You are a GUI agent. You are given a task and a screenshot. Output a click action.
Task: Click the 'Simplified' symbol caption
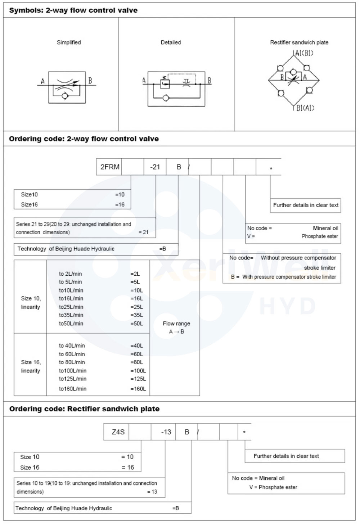(69, 42)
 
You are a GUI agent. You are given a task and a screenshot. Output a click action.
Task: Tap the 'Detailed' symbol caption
(171, 42)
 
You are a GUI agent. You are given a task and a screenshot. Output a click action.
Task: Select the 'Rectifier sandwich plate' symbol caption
(299, 42)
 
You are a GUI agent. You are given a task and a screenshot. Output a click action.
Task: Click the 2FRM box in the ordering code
(109, 167)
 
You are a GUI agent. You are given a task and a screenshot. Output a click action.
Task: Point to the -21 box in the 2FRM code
(155, 167)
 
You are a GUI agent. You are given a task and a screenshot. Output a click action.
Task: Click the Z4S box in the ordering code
(118, 432)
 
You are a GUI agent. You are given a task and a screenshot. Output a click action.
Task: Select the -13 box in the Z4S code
(166, 432)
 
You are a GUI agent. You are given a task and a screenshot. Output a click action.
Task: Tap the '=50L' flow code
(137, 324)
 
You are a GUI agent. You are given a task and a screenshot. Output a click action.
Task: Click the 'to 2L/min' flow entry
(70, 274)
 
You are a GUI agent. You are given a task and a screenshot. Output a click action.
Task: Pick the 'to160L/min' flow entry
(73, 389)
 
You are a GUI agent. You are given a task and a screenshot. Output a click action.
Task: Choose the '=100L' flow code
(138, 371)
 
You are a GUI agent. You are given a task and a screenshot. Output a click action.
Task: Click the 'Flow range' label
(176, 324)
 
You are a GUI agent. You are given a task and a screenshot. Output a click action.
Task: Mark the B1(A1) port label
(305, 108)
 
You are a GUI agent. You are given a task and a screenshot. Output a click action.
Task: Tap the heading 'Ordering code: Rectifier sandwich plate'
(84, 409)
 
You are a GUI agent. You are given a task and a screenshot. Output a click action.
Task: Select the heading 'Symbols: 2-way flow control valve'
(73, 10)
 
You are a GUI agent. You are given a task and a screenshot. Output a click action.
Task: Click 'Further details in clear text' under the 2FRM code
(306, 205)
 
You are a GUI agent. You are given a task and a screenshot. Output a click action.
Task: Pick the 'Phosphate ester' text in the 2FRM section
(320, 236)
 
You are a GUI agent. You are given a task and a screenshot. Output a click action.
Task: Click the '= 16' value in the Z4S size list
(128, 467)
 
